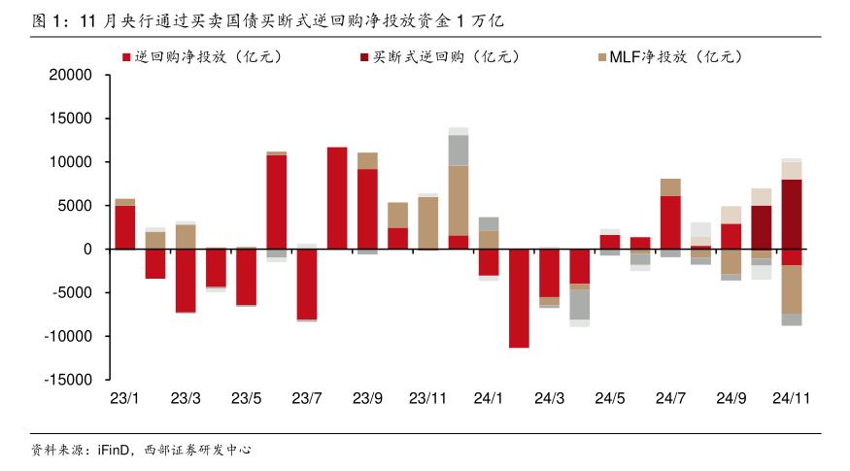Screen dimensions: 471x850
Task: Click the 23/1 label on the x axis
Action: pos(125,398)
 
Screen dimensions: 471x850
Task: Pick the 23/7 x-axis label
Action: pos(307,398)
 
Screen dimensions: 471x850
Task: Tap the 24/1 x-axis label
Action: pos(489,398)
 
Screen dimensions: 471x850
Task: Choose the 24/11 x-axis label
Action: pos(792,398)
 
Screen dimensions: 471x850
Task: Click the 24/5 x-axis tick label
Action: pos(610,398)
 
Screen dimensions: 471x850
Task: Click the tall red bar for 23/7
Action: pos(337,198)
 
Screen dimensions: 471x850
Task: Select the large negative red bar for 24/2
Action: pos(519,298)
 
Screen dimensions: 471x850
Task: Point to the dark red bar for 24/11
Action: pos(792,214)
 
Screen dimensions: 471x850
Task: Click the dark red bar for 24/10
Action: pos(762,227)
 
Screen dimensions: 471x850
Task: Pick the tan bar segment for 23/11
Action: pos(428,222)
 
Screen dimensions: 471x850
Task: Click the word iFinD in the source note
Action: pos(115,451)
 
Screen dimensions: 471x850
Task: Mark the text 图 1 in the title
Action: pos(41,19)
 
